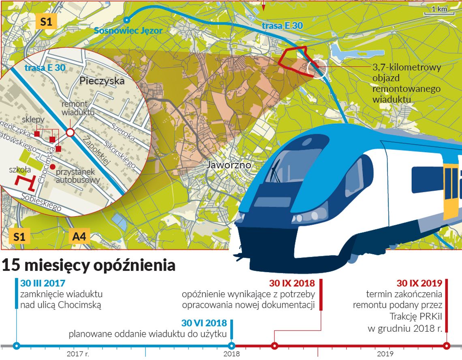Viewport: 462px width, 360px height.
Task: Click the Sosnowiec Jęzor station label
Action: click(128, 30)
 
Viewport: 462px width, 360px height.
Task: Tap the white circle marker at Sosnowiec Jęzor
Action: click(127, 19)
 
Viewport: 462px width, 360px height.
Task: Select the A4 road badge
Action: click(79, 236)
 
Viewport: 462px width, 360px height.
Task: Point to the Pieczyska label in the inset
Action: click(102, 81)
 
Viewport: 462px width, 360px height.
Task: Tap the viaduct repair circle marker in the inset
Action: click(70, 132)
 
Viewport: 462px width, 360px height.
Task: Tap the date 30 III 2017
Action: click(43, 283)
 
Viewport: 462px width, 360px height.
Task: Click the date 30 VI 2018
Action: click(204, 323)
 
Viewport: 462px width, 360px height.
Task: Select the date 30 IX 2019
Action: click(419, 283)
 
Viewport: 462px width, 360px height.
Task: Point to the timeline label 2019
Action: click(382, 354)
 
